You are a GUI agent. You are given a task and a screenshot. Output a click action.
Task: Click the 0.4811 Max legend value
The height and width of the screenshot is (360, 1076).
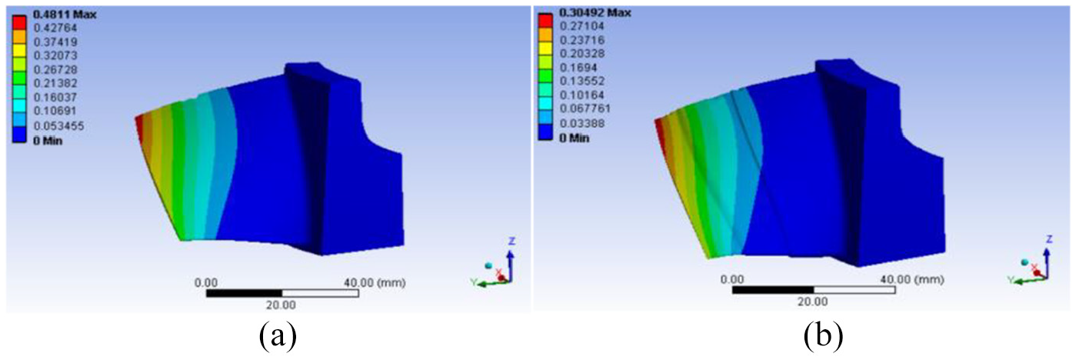click(x=65, y=15)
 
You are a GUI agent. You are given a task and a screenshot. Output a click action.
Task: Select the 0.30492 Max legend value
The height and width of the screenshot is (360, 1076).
click(x=595, y=13)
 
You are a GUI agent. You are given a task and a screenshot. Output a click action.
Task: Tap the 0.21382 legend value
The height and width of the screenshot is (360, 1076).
click(x=55, y=83)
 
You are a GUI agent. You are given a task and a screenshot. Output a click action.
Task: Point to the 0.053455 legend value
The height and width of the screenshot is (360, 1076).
click(x=58, y=126)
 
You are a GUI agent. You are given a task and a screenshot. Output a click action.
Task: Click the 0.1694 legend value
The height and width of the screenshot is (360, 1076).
click(x=578, y=67)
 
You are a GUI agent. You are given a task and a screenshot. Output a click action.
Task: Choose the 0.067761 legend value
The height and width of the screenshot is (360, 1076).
click(x=585, y=108)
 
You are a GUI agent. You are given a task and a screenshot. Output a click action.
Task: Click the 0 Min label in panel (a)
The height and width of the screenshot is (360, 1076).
click(x=48, y=141)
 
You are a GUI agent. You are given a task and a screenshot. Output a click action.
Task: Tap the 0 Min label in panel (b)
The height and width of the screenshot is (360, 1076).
click(x=574, y=138)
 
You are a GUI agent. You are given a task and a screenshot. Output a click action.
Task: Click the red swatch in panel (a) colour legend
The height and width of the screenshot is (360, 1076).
click(x=19, y=22)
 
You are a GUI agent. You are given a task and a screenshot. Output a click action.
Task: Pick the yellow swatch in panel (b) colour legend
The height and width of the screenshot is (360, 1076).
click(x=545, y=48)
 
